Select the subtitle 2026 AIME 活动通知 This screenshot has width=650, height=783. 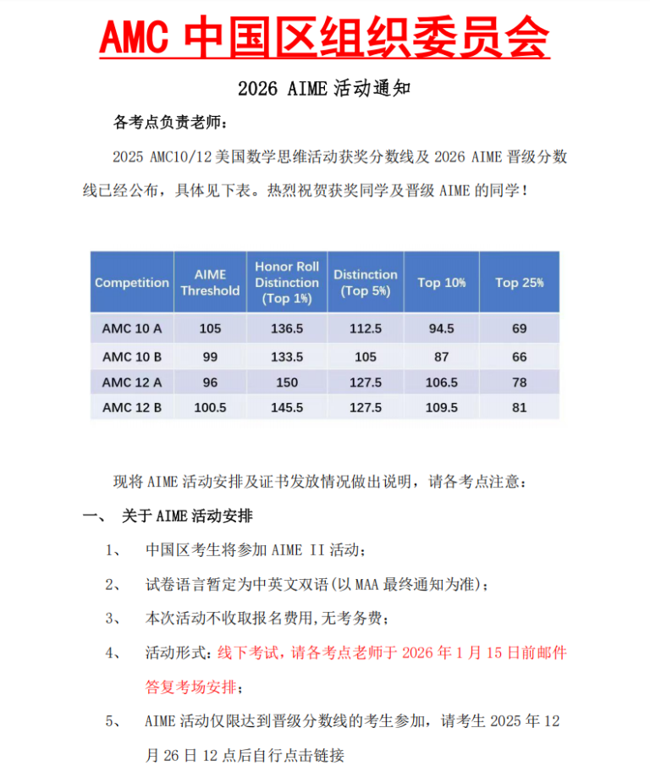click(x=324, y=88)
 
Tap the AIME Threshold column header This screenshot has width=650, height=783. click(x=210, y=283)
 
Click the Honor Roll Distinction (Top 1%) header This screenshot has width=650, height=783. click(x=287, y=283)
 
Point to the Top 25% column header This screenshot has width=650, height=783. click(x=520, y=283)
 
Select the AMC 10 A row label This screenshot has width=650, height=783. click(x=132, y=328)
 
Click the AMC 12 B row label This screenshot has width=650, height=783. click(x=132, y=407)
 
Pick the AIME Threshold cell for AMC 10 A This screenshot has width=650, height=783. click(x=210, y=328)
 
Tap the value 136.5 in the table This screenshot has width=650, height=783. click(x=287, y=328)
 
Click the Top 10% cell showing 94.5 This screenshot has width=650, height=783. click(x=441, y=328)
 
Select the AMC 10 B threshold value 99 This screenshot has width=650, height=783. click(x=210, y=356)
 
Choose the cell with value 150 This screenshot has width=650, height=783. click(x=287, y=382)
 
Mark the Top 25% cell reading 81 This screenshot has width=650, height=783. click(x=520, y=407)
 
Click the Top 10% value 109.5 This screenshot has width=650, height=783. click(x=441, y=407)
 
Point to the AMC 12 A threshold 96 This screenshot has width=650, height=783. click(x=210, y=382)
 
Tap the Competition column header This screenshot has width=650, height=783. click(x=132, y=283)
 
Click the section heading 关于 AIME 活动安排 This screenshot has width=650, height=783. click(x=187, y=516)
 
